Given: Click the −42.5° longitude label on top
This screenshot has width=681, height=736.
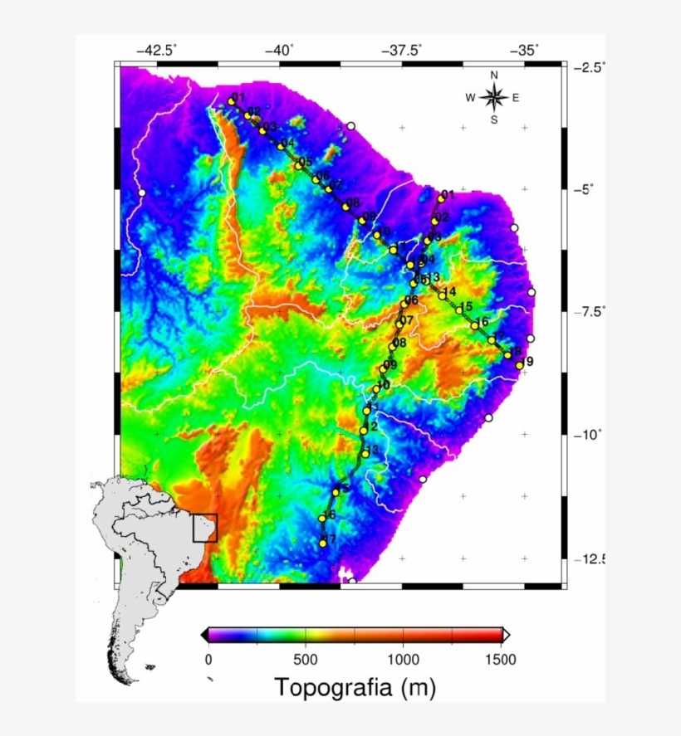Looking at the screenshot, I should click(157, 50).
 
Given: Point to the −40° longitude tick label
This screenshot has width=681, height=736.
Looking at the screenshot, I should click(280, 50).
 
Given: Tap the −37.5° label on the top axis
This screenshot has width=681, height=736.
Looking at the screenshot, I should click(403, 50).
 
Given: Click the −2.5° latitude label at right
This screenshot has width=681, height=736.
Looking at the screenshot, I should click(590, 67).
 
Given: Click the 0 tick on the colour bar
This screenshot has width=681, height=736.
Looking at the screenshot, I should click(208, 659).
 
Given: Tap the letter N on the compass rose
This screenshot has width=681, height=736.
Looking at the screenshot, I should click(494, 76).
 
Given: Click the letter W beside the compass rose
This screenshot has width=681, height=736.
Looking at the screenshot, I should click(470, 98).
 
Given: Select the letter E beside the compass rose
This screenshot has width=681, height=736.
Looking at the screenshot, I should click(516, 98).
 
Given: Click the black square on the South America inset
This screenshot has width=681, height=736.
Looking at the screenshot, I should click(205, 528).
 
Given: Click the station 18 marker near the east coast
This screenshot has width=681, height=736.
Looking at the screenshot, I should click(507, 355).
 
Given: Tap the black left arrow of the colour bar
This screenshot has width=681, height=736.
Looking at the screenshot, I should click(204, 635).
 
